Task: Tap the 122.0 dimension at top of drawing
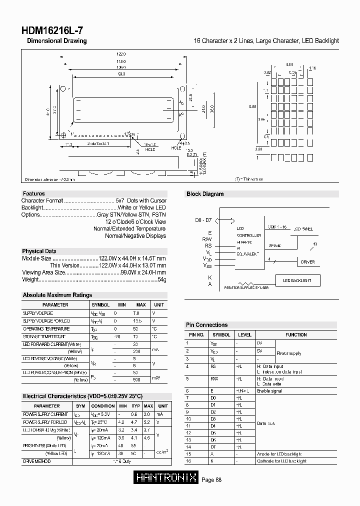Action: point(121,53)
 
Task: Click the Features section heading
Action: point(33,193)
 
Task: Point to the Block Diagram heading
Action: point(205,194)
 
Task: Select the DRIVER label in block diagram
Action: point(307,262)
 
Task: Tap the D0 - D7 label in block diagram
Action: point(203,220)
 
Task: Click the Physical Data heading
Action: point(39,251)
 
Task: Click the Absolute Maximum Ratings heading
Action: point(57,295)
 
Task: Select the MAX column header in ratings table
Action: point(141,304)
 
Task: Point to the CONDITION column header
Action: point(103,406)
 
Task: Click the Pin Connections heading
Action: point(206,325)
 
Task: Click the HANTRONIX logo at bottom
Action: point(166,479)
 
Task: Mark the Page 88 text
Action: point(211,480)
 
